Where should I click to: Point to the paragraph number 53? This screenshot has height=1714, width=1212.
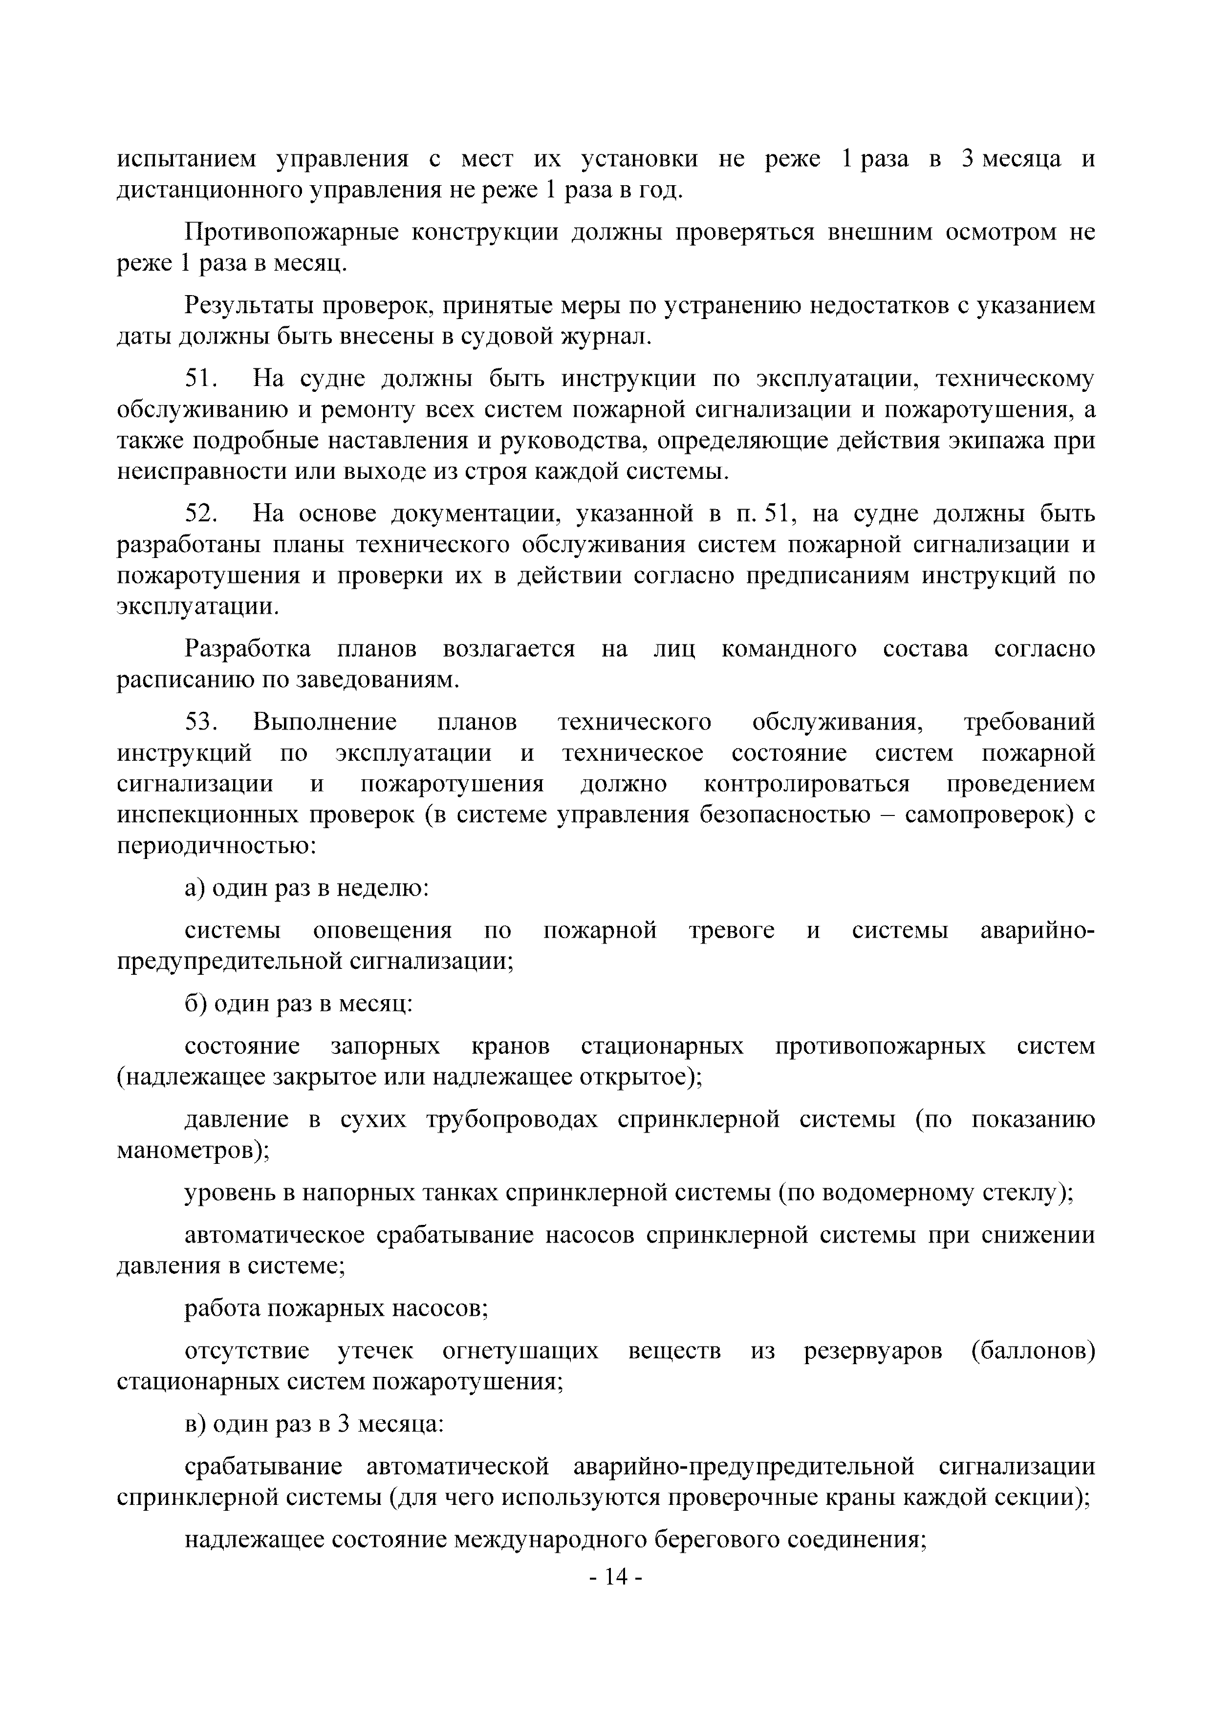click(x=200, y=722)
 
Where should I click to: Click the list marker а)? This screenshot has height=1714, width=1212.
click(x=195, y=888)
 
